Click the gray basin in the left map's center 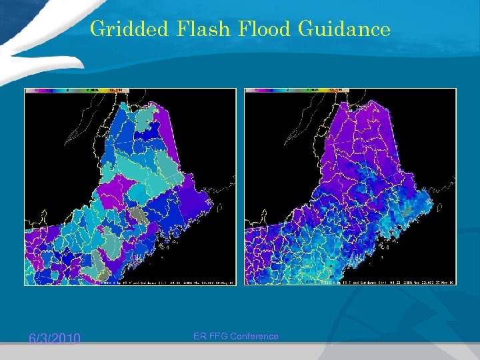click(x=137, y=215)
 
